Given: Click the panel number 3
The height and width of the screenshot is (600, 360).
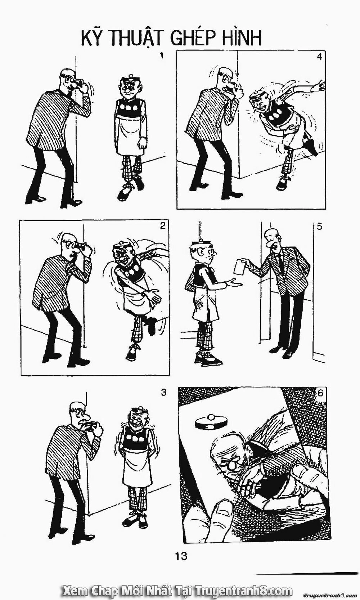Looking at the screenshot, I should [164, 392].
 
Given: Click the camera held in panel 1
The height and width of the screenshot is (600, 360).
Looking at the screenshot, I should [80, 84].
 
